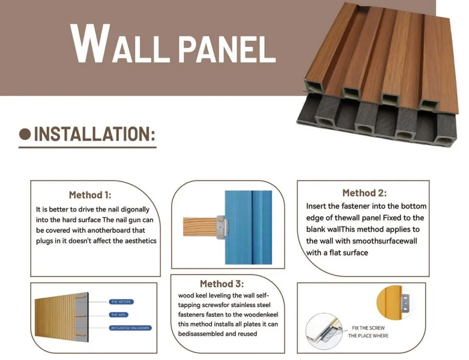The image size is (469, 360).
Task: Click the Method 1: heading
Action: click(90, 195)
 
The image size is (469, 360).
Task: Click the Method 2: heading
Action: click(364, 193)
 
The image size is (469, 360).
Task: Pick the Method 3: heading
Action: click(222, 284)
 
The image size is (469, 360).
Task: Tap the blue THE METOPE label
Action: click(121, 302)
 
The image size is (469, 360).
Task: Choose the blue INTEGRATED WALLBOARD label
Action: click(130, 328)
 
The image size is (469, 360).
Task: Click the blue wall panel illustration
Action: click(248, 227)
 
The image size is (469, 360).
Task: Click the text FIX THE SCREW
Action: click(368, 328)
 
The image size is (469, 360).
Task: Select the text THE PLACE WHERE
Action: click(368, 336)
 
